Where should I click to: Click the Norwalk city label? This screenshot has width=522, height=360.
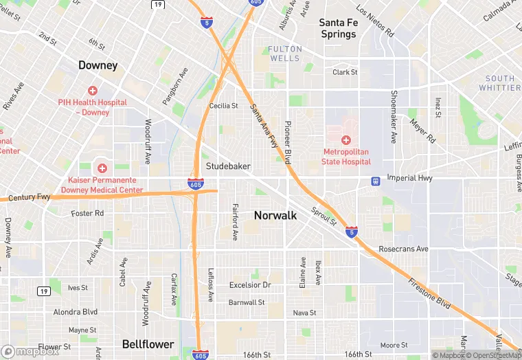coord(275,215)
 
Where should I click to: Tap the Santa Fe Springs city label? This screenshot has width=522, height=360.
coord(338,28)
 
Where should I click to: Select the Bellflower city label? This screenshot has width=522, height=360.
coord(148,344)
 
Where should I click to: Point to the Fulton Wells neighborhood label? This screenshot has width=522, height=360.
coord(284,54)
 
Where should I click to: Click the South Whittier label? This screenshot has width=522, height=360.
coord(499,83)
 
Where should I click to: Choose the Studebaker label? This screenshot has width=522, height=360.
coord(228,166)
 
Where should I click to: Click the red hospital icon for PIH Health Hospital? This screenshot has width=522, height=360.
coord(93,91)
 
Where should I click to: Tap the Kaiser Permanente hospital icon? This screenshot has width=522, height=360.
coord(102,168)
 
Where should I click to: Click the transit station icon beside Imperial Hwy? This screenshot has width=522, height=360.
coord(375,181)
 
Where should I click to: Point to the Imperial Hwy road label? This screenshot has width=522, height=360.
coord(411,178)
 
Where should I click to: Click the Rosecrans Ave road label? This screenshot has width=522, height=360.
coord(403,249)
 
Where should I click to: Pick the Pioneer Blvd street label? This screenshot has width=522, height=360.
coord(288,142)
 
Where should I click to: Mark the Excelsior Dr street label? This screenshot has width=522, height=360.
coord(250,285)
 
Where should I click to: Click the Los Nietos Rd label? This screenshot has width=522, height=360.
coord(375,21)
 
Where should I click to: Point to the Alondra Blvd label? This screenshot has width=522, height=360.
coord(76,311)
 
